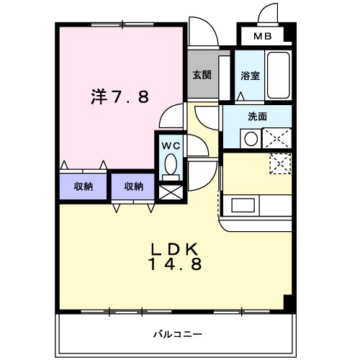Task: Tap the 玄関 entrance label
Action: [x=201, y=75]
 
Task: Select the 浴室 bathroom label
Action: [x=249, y=75]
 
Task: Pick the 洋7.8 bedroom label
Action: [x=120, y=96]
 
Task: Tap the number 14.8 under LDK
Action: [x=174, y=264]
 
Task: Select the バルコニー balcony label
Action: [x=177, y=333]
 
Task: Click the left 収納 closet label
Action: [x=84, y=186]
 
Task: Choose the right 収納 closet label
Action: [x=133, y=186]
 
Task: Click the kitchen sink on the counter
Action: [x=240, y=206]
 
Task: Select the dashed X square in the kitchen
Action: [x=279, y=163]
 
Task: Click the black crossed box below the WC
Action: [x=170, y=192]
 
